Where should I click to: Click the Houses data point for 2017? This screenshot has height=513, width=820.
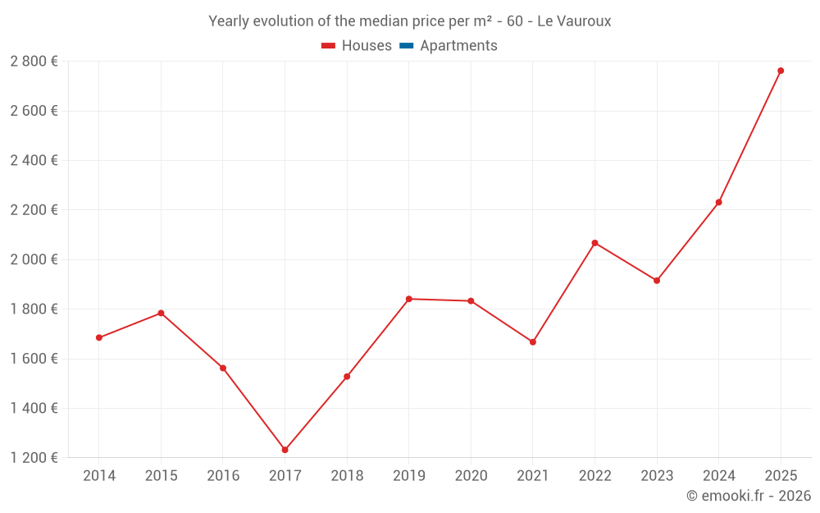coord(285,450)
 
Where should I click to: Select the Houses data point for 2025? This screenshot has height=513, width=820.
coord(781,71)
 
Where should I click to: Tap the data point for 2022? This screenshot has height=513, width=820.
coord(594,243)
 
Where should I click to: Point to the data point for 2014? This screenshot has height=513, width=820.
coord(99,337)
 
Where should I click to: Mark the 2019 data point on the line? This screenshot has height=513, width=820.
coord(409,299)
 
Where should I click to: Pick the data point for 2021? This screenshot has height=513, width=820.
coord(532,341)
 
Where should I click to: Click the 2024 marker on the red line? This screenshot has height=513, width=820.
coord(718,202)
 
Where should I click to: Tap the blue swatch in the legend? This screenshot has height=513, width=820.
coord(406,46)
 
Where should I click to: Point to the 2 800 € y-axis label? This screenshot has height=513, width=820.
coord(34,62)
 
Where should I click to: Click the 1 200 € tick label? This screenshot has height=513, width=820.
coord(34,457)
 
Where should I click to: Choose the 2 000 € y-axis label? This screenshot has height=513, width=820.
coord(34,259)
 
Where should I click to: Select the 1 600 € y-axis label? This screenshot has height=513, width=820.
coord(34,359)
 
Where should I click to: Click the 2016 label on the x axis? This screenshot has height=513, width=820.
coord(223,476)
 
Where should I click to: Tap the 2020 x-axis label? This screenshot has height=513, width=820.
coord(471,476)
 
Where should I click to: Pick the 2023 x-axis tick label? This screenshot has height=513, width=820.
coord(657,476)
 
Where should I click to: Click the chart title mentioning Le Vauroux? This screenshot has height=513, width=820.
coord(409,21)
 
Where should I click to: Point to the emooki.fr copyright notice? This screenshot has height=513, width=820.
coord(748,496)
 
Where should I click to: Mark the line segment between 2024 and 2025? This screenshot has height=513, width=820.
coord(749,136)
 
